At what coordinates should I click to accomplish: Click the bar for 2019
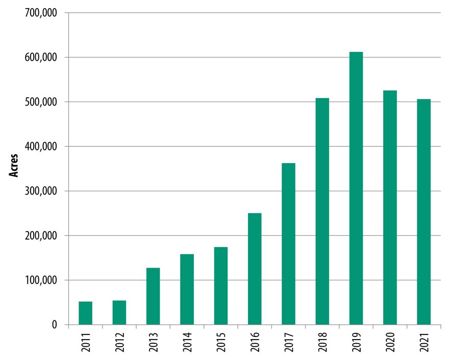click(x=356, y=188)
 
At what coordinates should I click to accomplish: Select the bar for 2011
click(x=86, y=313)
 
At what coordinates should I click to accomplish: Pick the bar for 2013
click(x=153, y=296)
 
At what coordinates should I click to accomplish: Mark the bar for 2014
click(x=187, y=289)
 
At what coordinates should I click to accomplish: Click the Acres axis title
click(x=15, y=166)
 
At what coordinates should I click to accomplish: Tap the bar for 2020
click(x=390, y=208)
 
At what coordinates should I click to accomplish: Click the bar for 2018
click(x=322, y=211)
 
